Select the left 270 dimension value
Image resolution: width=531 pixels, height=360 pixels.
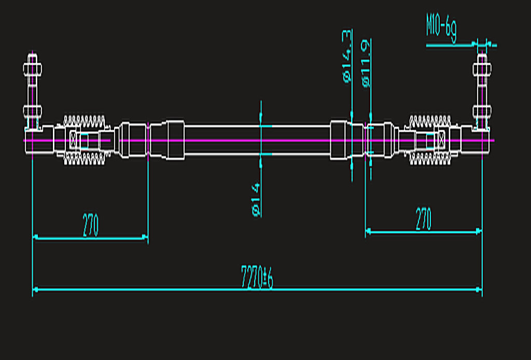coord(90,225)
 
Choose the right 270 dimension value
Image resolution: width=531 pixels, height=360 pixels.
coord(423,219)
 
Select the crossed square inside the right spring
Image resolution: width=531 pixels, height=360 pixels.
coord(442,140)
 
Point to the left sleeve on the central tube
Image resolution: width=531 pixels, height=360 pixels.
coord(175,140)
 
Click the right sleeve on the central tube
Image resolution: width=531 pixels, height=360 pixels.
coord(339,140)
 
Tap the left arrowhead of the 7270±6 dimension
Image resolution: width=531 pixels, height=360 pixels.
coord(35,289)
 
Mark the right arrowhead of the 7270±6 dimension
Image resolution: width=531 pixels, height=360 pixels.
coord(479,289)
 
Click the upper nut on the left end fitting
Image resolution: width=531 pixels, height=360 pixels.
coord(32,70)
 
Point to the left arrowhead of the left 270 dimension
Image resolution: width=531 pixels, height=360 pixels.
coord(36,238)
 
